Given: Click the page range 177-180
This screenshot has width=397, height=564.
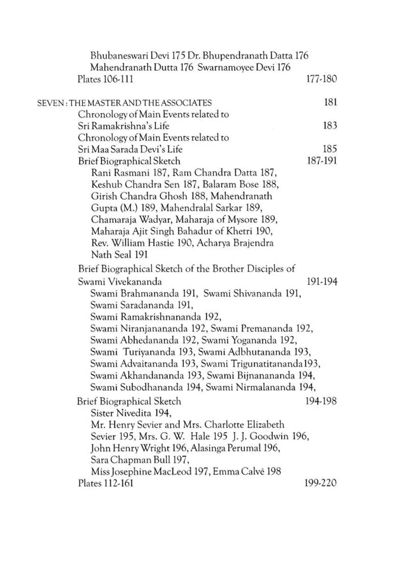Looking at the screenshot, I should (322, 79).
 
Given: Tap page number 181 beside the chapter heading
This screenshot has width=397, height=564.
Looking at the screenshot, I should (330, 103).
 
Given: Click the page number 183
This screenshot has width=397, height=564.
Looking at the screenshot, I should (330, 126).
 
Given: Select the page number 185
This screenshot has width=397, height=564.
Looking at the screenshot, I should (330, 149).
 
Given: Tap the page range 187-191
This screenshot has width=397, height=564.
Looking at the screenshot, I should (322, 161).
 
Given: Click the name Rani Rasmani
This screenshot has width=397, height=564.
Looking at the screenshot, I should (115, 173).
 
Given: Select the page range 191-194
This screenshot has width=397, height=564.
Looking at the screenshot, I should (322, 281).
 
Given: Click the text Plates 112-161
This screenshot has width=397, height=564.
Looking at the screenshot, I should (105, 483).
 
